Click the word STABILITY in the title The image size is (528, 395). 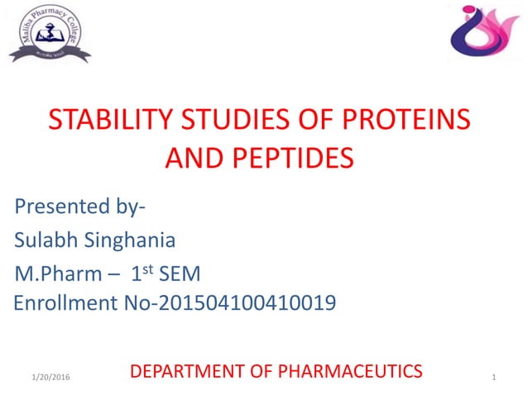[x=98, y=121]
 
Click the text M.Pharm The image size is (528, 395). [x=56, y=273]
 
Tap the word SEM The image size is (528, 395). [x=180, y=273]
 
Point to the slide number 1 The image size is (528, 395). [x=493, y=378]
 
